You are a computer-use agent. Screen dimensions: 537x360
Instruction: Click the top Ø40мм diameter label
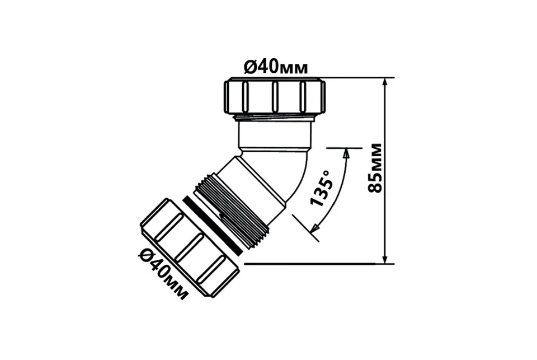276,68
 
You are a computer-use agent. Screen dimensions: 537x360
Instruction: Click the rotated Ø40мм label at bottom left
164,274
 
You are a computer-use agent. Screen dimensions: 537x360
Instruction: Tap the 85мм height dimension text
374,168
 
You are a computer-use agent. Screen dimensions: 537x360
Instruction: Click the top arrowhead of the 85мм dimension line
385,83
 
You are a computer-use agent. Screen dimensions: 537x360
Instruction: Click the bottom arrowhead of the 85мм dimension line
385,259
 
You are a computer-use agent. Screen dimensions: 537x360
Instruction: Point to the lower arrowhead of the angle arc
316,228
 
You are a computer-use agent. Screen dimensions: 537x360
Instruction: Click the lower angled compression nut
190,247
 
